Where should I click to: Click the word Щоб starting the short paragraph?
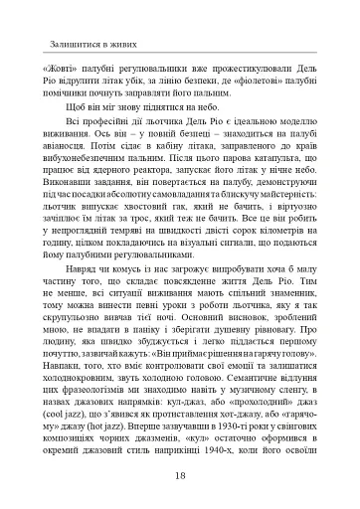75,117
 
